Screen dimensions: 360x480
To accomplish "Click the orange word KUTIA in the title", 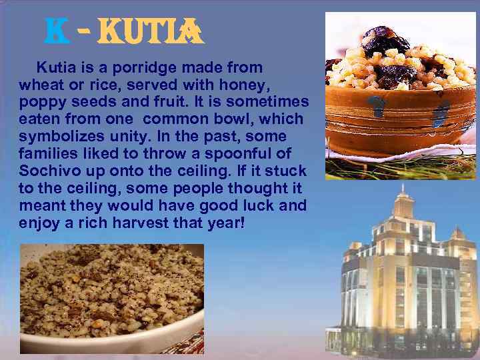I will point(150,32).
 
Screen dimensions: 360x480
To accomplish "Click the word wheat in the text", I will point(39,85).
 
